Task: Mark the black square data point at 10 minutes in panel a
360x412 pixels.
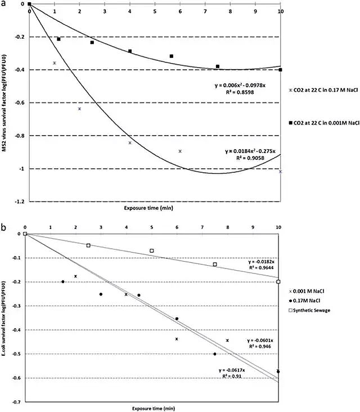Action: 280,70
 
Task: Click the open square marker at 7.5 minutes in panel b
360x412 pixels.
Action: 215,265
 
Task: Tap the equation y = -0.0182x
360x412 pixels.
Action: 260,262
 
